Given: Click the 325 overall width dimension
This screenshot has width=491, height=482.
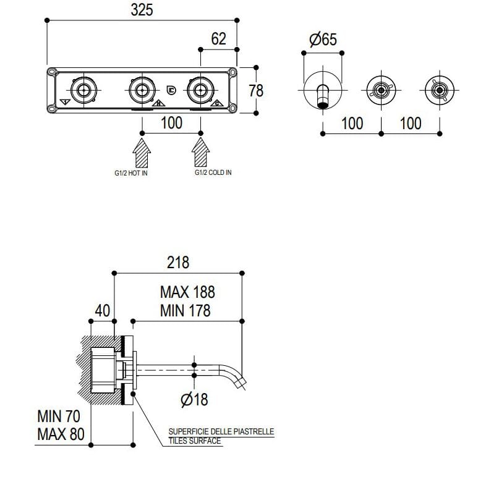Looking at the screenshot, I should [x=142, y=10].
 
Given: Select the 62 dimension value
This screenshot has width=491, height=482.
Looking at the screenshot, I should [x=218, y=38].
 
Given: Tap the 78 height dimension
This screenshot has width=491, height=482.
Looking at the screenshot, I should [x=255, y=90].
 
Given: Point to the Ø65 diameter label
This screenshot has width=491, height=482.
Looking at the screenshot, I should [x=322, y=40].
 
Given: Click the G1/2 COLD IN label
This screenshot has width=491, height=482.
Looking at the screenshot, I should [x=213, y=172].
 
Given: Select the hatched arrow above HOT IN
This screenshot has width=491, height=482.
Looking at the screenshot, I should [x=142, y=151].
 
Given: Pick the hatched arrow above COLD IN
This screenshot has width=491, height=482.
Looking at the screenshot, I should [x=200, y=151].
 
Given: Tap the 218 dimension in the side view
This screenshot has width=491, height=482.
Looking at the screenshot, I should [x=177, y=262].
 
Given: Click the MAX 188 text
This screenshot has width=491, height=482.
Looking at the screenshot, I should [x=187, y=291].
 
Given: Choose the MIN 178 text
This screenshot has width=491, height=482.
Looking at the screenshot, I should [x=186, y=310].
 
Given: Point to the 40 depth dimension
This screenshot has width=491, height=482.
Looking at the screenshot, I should [x=102, y=311].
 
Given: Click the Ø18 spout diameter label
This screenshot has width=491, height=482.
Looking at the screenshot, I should [x=194, y=400].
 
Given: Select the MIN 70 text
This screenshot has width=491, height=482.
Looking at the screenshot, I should [x=59, y=416].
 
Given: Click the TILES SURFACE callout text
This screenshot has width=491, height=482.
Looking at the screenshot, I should [x=194, y=441].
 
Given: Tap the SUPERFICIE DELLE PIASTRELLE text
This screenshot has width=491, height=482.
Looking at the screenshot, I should [x=221, y=432].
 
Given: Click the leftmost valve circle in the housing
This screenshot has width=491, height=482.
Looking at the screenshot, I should [x=83, y=90].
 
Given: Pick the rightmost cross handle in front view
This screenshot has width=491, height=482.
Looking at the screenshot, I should [x=439, y=90].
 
